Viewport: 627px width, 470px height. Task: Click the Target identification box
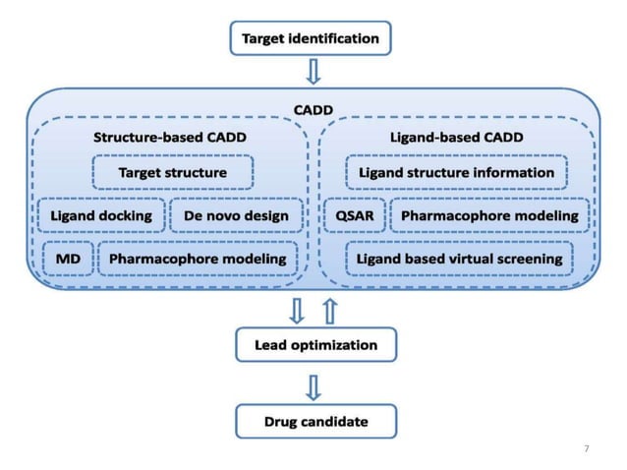tap(310, 40)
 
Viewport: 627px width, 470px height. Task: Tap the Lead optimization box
tap(315, 345)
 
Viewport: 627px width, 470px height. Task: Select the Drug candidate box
tap(315, 421)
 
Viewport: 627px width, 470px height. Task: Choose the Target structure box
tap(173, 172)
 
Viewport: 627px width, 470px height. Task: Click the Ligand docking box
tap(101, 215)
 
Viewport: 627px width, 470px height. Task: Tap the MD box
tap(68, 259)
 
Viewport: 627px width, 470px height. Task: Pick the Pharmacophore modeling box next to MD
tap(198, 259)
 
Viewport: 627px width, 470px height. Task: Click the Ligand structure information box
tap(456, 172)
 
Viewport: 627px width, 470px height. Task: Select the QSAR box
tap(353, 215)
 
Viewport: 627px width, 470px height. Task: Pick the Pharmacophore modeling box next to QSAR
tap(489, 215)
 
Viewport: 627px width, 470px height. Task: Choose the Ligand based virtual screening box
tap(459, 259)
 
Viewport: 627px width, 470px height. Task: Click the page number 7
tap(587, 448)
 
